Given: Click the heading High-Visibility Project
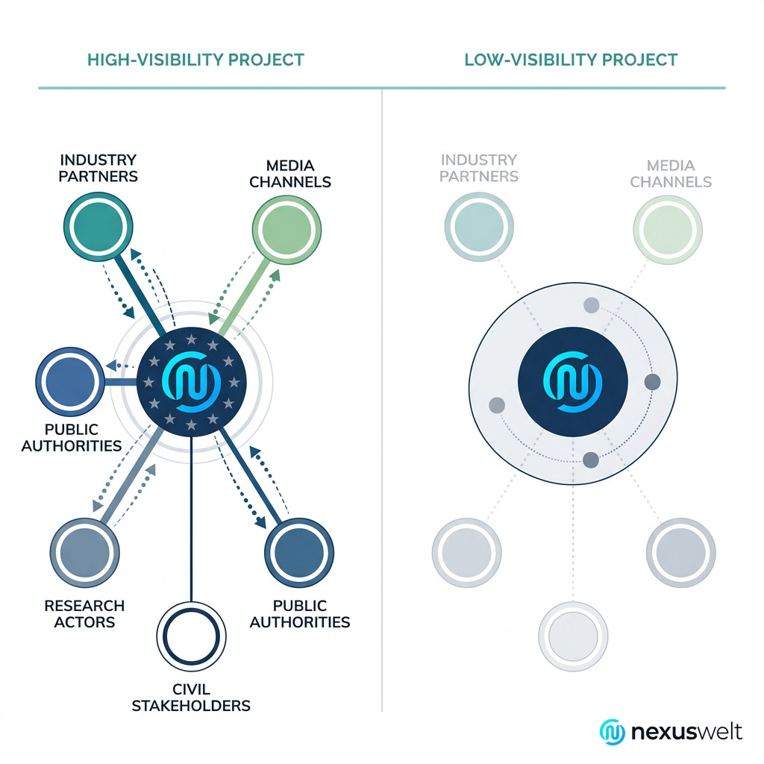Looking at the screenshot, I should [195, 60].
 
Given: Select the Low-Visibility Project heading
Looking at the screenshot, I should [571, 60].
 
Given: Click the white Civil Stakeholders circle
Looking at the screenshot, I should [192, 636].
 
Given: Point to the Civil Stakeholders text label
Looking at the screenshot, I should [191, 697].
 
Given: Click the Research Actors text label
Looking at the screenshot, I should [84, 614].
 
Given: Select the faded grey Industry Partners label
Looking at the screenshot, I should [478, 168].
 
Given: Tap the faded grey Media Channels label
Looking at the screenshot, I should [671, 173].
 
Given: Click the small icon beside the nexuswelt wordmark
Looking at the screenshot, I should [613, 732].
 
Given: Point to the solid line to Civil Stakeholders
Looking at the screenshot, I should [192, 522].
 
